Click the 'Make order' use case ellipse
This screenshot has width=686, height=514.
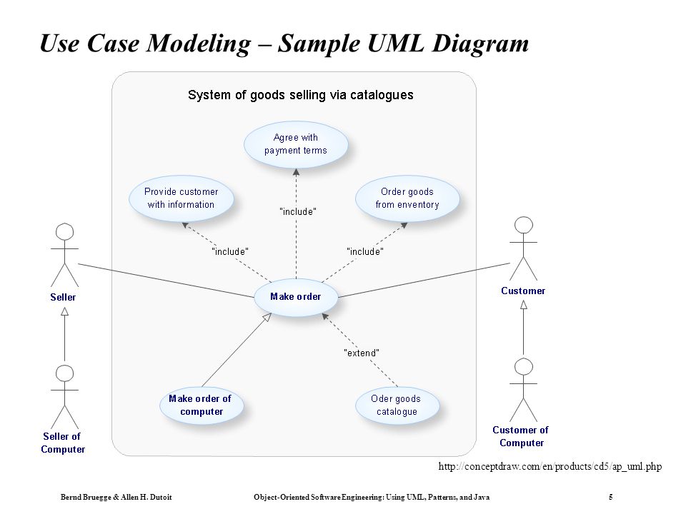[296, 297]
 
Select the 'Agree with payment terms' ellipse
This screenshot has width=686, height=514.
[296, 144]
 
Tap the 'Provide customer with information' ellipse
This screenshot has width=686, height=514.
[181, 198]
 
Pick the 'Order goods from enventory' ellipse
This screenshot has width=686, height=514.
[407, 198]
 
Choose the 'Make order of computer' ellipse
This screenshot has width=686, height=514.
[202, 405]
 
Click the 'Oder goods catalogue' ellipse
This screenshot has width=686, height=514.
[397, 405]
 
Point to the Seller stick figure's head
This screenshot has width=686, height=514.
[65, 231]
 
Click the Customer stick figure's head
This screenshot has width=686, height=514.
[524, 225]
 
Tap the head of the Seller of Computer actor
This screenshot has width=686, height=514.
[65, 373]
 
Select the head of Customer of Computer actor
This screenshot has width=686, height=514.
[524, 367]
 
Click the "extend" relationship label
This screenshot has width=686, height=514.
[362, 353]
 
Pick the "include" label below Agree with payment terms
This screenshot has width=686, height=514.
[297, 211]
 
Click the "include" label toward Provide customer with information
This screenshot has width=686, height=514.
[230, 252]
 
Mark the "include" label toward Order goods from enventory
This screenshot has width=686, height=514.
[365, 252]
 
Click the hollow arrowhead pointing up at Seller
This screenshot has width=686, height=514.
[65, 311]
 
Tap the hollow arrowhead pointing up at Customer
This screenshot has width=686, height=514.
[524, 305]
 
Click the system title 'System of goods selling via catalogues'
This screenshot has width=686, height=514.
[301, 95]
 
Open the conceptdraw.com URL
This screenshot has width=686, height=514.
[550, 467]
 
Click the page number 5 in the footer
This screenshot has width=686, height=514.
[611, 497]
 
